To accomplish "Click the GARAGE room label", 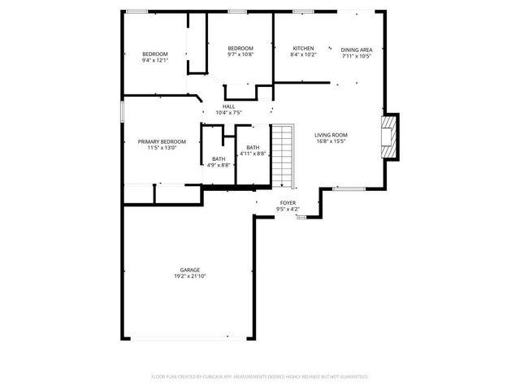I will (190, 270).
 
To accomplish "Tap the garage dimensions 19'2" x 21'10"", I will (190, 276).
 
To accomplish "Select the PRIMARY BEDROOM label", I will (162, 141).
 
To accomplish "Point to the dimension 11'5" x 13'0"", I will (162, 148).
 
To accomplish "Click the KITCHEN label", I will (303, 49).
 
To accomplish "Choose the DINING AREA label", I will (357, 49).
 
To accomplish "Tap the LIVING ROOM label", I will (331, 135).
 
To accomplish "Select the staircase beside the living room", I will (281, 155).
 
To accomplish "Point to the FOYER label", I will (288, 202).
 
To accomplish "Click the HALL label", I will (229, 106).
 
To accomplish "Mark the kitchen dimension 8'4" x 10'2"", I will (303, 55).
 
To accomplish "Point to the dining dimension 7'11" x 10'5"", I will (357, 55).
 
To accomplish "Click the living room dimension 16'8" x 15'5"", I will (331, 141).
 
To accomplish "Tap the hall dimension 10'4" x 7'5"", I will (229, 113).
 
